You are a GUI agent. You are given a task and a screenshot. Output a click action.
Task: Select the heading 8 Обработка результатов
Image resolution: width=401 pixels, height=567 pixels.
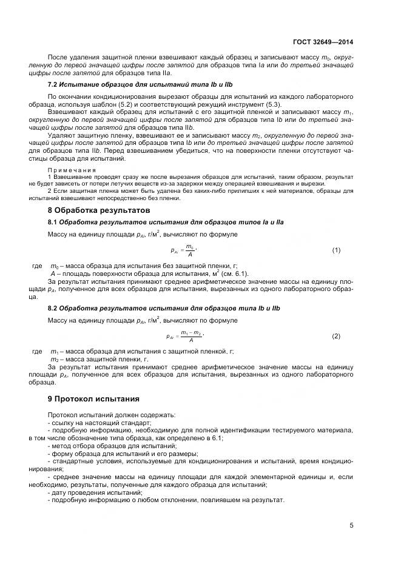(x=98, y=210)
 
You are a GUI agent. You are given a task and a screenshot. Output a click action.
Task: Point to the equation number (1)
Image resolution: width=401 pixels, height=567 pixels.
(x=336, y=250)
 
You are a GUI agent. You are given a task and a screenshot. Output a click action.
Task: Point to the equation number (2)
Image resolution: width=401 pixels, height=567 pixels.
(x=336, y=336)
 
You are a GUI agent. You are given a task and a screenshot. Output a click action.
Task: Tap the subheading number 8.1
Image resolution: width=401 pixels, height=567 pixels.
(x=52, y=222)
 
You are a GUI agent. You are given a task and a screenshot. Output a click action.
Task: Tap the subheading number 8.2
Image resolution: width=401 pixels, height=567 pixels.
(x=52, y=308)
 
